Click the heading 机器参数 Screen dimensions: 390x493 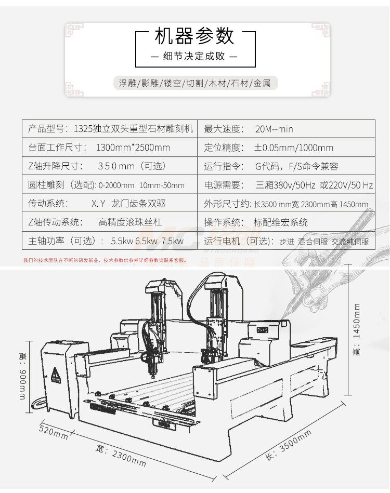(195, 37)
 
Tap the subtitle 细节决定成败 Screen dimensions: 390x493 (195, 57)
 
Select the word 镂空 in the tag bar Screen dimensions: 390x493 (172, 83)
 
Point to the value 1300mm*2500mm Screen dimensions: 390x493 (133, 148)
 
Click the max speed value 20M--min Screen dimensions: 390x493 (274, 129)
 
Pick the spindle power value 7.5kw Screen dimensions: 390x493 (172, 241)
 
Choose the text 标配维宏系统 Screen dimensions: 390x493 (280, 222)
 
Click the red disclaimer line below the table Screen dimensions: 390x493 (104, 260)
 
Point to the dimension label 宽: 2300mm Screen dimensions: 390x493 (121, 456)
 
